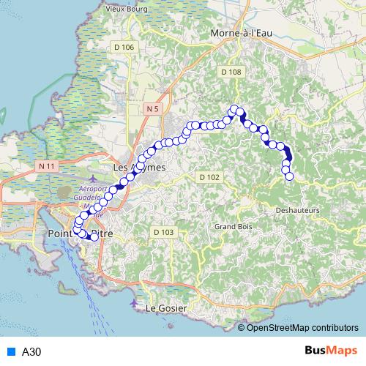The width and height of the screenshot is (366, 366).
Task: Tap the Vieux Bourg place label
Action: pyautogui.click(x=127, y=9)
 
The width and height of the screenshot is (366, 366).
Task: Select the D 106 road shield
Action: pyautogui.click(x=124, y=48)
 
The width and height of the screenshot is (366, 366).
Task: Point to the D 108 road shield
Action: pyautogui.click(x=231, y=72)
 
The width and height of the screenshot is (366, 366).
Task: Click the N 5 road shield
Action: pyautogui.click(x=152, y=108)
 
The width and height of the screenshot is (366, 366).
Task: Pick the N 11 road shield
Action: pyautogui.click(x=46, y=167)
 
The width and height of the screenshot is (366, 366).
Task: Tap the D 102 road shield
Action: pyautogui.click(x=209, y=177)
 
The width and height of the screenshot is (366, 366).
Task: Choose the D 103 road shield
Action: pyautogui.click(x=164, y=232)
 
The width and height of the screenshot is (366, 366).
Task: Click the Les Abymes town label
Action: pyautogui.click(x=140, y=168)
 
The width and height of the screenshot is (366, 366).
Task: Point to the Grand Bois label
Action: pyautogui.click(x=233, y=227)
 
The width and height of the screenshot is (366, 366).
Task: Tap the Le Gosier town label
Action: pyautogui.click(x=166, y=308)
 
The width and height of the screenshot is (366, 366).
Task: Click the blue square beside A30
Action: pyautogui.click(x=10, y=351)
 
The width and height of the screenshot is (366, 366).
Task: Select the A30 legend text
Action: pyautogui.click(x=31, y=351)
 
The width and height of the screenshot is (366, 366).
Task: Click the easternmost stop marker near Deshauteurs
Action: pyautogui.click(x=289, y=176)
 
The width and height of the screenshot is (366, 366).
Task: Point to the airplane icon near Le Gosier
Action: pyautogui.click(x=132, y=302)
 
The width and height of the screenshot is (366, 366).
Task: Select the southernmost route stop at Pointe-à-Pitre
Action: pyautogui.click(x=94, y=236)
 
